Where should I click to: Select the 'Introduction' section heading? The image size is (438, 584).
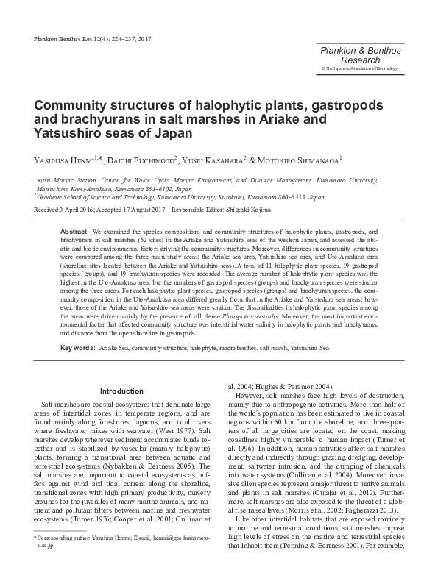coord(121,391)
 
